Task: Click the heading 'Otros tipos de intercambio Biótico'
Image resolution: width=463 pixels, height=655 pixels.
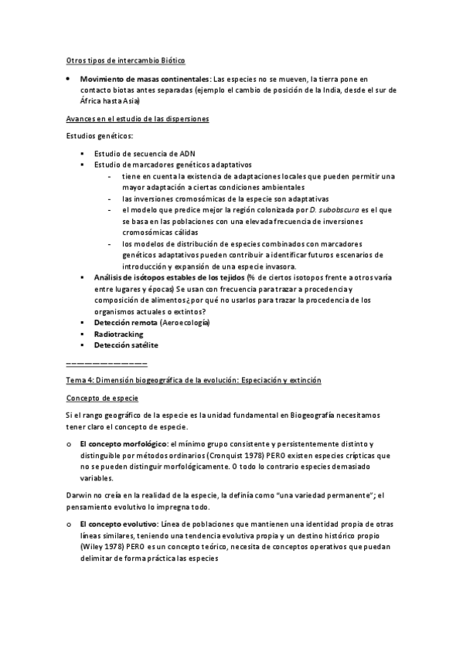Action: click(124, 60)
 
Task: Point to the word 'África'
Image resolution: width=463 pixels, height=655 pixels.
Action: click(92, 100)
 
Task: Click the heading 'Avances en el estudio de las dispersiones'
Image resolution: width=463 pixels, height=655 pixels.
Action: click(137, 119)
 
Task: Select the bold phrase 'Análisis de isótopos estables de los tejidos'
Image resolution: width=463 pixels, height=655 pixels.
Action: click(166, 277)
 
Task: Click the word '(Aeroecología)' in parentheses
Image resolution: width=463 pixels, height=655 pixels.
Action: click(185, 321)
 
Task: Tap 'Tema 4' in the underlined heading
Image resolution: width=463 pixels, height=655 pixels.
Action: click(79, 381)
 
